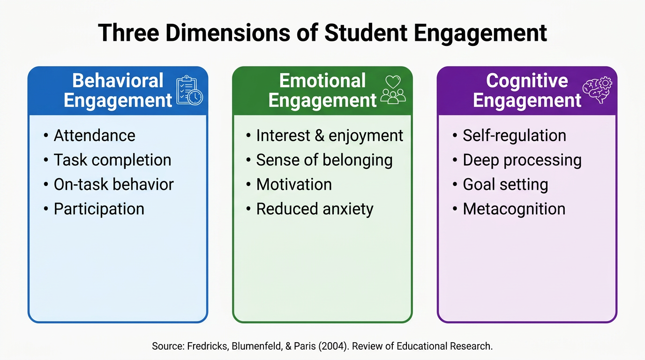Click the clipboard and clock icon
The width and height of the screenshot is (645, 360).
[189, 90]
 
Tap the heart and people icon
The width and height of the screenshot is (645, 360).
[393, 90]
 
